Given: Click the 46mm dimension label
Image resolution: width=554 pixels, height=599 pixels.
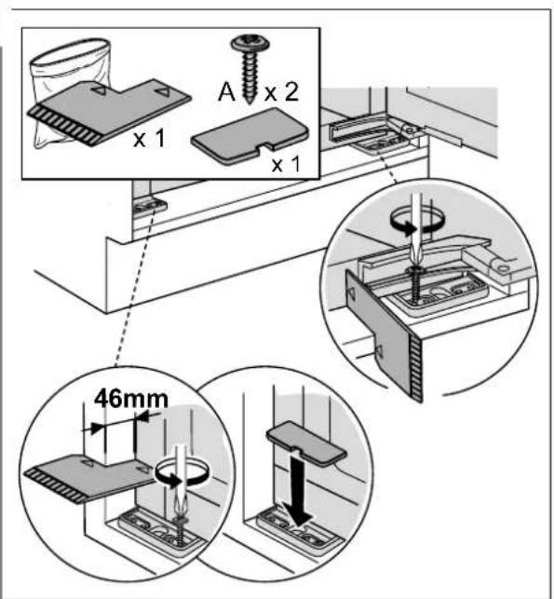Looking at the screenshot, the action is [x=131, y=399].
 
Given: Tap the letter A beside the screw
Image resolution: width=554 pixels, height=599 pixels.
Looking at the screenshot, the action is [x=227, y=92].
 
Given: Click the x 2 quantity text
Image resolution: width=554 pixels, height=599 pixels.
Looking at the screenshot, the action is [x=281, y=92].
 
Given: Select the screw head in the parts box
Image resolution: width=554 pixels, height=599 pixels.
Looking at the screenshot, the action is [x=250, y=43].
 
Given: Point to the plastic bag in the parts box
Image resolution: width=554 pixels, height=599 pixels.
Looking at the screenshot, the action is [x=71, y=91].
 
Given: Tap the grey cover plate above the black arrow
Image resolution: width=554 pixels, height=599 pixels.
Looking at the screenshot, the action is [x=306, y=444].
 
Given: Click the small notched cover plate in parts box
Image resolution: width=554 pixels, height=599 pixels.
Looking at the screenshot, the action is [x=250, y=136].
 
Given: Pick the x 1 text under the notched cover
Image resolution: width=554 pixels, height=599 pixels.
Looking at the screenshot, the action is [x=286, y=164].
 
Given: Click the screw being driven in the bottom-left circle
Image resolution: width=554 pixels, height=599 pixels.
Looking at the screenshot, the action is [x=180, y=529].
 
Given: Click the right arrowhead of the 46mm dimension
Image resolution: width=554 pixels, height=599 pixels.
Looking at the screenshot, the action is [x=143, y=417].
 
